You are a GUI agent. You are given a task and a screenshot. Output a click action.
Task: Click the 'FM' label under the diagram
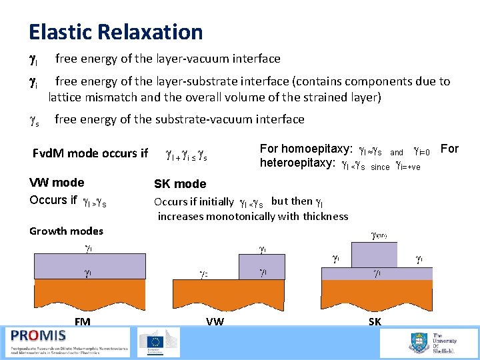pos(83,321)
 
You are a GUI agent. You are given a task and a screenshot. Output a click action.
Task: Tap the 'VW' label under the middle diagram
pos(215,321)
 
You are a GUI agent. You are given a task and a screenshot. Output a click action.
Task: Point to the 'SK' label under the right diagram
pos(375,321)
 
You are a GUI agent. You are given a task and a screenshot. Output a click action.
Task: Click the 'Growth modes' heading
pos(66,231)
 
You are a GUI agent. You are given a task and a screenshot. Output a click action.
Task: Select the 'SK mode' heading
pos(180,184)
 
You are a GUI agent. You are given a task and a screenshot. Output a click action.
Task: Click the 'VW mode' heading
pos(57,182)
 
